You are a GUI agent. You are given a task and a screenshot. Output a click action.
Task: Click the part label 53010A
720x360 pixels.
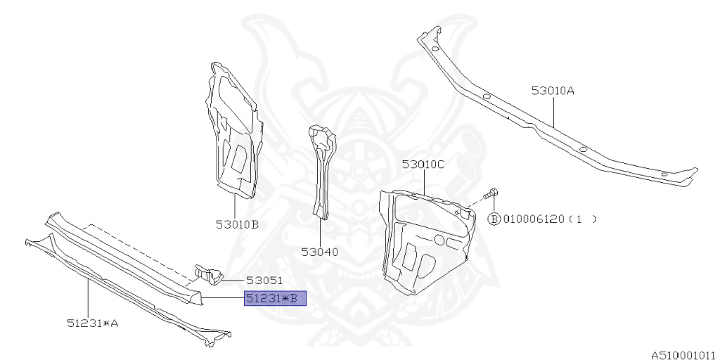pos(553,91)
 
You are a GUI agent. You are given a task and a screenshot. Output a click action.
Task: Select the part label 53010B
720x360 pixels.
pos(238,225)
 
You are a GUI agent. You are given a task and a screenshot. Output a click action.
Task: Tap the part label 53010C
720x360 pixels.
pos(424,165)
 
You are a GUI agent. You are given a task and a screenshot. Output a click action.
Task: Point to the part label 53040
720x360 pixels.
pos(320,251)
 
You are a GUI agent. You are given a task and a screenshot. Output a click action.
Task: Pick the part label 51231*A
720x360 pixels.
pos(93,323)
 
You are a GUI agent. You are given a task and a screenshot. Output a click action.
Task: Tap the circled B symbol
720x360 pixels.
pos(494,219)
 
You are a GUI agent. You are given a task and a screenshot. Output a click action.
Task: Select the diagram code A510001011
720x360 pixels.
pos(682,354)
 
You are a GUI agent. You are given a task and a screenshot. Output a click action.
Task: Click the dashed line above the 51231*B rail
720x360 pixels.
pos(134,246)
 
